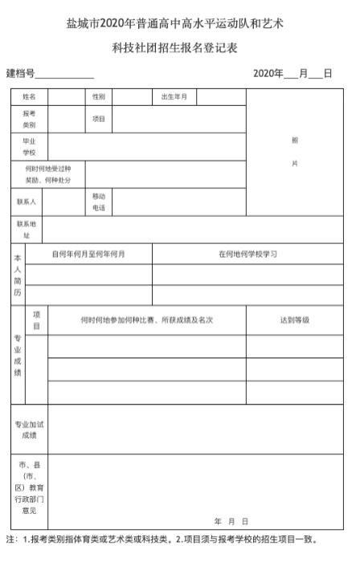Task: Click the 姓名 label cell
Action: click(x=29, y=97)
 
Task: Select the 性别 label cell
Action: click(x=98, y=97)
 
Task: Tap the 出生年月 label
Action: click(x=174, y=97)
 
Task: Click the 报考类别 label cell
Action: click(x=29, y=120)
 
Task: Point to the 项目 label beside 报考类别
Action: click(x=98, y=120)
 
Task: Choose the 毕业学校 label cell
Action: click(x=29, y=147)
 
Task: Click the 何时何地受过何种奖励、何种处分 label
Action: click(x=48, y=174)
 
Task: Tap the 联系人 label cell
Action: click(x=27, y=202)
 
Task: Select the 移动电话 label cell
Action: click(x=98, y=202)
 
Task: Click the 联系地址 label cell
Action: click(x=27, y=229)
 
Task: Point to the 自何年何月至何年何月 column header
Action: click(x=88, y=254)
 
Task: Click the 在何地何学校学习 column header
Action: click(x=247, y=254)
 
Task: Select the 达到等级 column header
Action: click(x=294, y=320)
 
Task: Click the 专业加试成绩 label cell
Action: click(x=29, y=430)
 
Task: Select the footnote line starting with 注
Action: click(x=156, y=540)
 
